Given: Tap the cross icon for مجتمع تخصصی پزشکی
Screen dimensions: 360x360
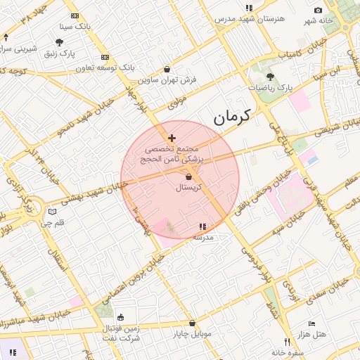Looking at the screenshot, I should click(x=172, y=138).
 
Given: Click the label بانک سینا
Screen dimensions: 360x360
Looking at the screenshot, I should click(x=75, y=26).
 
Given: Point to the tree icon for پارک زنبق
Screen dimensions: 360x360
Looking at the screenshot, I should click(x=59, y=42).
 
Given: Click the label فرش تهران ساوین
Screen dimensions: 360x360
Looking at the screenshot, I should click(x=167, y=80).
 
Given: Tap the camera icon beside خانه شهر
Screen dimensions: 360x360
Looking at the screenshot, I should click(x=319, y=10).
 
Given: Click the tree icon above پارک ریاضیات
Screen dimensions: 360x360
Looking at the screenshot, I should click(x=271, y=76).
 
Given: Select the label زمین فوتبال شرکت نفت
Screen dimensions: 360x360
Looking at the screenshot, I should click(x=118, y=333).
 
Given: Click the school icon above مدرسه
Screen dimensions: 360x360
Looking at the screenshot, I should click(x=202, y=226).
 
